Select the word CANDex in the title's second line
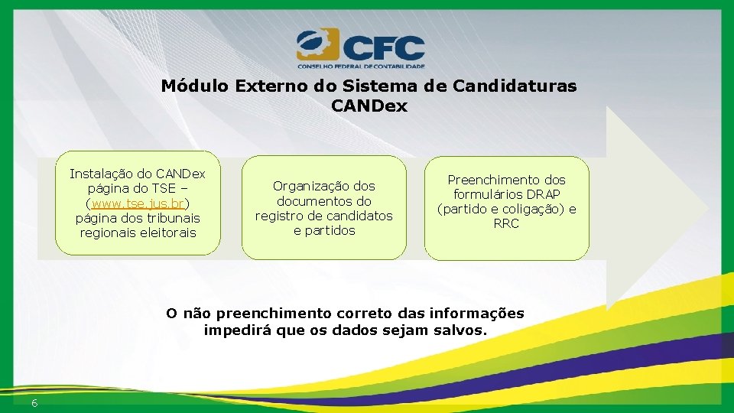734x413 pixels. tap(369, 106)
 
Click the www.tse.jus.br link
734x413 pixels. tap(138, 203)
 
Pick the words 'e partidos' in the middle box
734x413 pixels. tap(324, 230)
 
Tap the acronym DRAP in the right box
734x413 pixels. tap(544, 194)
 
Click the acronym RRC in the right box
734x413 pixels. tap(506, 223)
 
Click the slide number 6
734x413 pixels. tap(35, 403)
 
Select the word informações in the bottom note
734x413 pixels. tap(477, 313)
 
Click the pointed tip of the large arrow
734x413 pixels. tap(706, 208)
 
